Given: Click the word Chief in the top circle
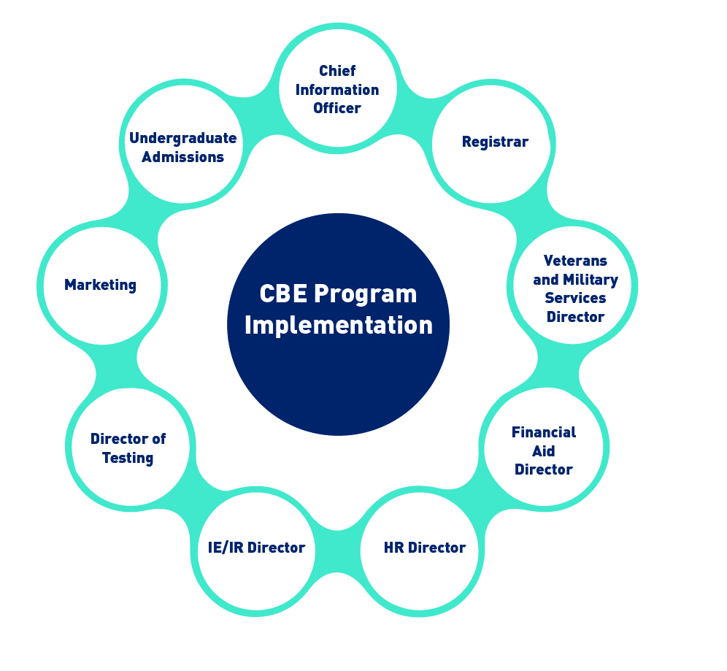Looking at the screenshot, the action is [x=337, y=71].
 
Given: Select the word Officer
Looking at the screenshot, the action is [x=337, y=108].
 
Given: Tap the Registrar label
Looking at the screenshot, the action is [x=495, y=142].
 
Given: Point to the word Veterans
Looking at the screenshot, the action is [x=575, y=261].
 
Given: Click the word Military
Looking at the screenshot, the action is [x=591, y=280].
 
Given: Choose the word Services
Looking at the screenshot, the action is [x=575, y=298].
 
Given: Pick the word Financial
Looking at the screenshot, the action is [x=544, y=432].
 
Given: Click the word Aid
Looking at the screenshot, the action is [x=543, y=451].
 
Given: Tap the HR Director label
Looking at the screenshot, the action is [x=425, y=548].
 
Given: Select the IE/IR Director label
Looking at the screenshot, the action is [x=256, y=548].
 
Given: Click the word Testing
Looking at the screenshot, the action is [x=128, y=458].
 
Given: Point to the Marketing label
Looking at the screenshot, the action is [x=101, y=285].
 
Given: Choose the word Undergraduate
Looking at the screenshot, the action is [x=183, y=138].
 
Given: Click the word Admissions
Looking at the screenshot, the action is [x=182, y=157].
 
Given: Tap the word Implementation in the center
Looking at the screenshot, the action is [x=339, y=326].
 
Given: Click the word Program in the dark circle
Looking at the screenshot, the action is [x=366, y=295].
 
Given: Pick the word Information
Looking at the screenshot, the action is [x=337, y=90].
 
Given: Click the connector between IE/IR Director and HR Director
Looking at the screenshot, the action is [x=337, y=551].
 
